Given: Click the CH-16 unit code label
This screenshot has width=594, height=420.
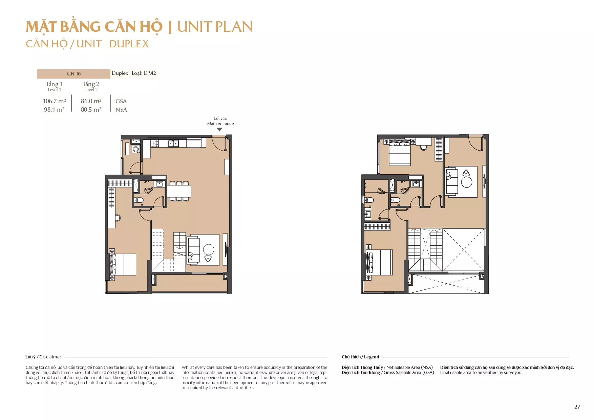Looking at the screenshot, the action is pos(74,74).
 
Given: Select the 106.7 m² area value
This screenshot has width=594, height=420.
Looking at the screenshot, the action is pos(54,101).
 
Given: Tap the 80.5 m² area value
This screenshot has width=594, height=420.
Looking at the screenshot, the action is pos(91,110).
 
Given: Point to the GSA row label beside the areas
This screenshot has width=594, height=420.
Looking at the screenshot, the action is pos(121,101).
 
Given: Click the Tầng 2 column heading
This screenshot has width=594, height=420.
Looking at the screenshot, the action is pos(91,84).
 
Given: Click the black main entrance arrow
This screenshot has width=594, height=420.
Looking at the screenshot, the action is pos(219,130).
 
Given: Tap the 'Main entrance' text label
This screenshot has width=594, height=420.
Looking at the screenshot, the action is pos(220,124).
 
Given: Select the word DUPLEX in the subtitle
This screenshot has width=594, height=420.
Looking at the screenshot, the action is pos(129,44).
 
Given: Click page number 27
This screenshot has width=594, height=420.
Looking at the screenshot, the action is pos(577,407).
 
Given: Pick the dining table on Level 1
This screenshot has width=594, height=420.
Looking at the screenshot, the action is pos(179,191).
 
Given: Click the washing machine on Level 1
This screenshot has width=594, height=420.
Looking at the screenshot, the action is pos(136,149).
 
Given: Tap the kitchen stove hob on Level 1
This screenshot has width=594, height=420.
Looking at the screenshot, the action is pos(155,143).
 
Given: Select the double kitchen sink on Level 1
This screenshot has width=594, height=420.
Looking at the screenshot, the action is pos(173,144).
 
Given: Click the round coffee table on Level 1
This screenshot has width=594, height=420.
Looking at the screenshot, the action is pos(209,249).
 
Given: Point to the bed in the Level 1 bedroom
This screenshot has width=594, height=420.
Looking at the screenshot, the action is pos(122,264).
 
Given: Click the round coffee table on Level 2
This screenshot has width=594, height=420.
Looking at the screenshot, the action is pos(467,182).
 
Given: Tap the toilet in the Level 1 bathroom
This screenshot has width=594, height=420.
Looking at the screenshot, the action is pos(139,200).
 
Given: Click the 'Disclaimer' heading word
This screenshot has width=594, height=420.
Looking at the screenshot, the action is pos(50,357).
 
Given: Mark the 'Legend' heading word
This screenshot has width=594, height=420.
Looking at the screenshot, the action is pos(372,357).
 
